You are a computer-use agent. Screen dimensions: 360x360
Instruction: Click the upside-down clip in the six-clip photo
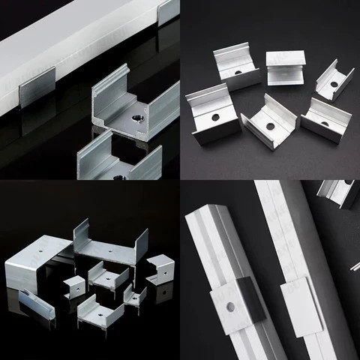(x=285, y=66)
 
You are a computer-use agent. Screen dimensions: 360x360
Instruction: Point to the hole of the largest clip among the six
(x=214, y=118)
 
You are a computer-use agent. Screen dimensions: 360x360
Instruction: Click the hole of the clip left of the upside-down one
(x=238, y=72)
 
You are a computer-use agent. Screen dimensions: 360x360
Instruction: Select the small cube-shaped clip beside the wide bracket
(x=74, y=286)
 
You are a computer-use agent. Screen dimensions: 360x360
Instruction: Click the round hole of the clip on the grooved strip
(x=230, y=305)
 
